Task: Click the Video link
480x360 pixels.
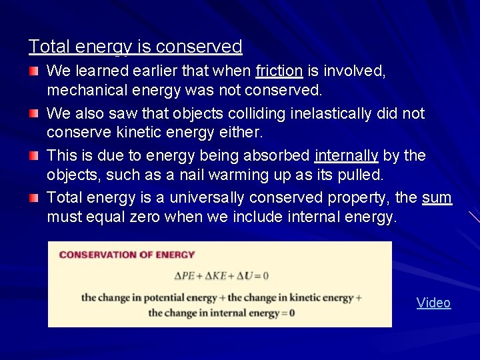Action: pos(433,303)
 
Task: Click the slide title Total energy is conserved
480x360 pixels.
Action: pos(135,47)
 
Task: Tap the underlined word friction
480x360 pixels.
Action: pos(279,71)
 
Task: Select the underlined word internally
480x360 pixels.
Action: pos(346,155)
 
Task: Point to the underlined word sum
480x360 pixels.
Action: pos(437,197)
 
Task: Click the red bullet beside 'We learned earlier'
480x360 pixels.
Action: pos(34,71)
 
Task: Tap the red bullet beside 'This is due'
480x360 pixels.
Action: pos(34,155)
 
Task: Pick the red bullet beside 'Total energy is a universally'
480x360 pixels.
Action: pos(34,197)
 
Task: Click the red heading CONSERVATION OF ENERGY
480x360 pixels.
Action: pos(127,255)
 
